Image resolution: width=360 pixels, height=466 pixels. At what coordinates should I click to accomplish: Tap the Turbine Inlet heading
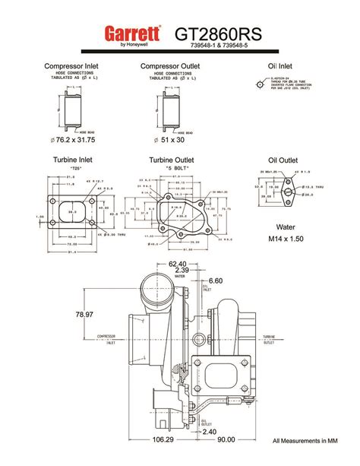(x=73, y=160)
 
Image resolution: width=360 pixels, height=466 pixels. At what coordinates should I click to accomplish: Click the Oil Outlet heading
(x=283, y=160)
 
